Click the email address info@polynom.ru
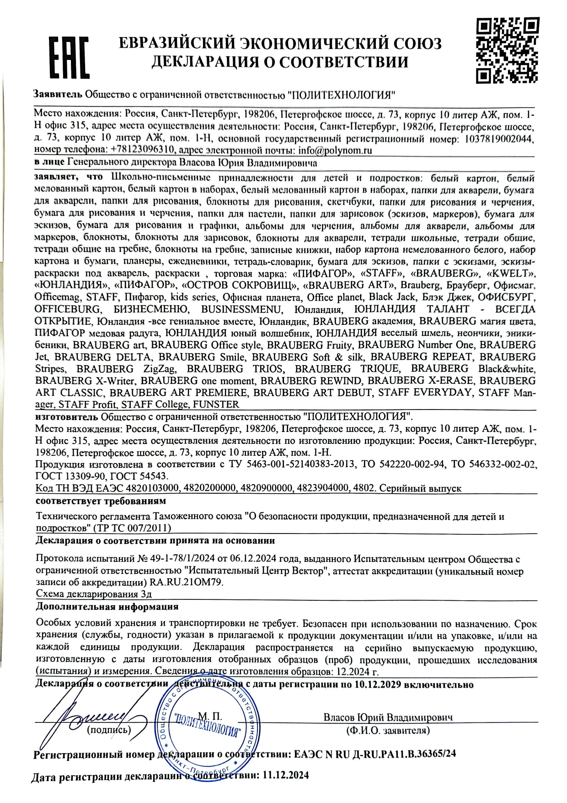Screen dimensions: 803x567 tap(335, 150)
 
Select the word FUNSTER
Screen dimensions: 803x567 tap(216, 404)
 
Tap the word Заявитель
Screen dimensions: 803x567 tap(58, 95)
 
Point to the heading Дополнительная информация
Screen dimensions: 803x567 tap(107, 607)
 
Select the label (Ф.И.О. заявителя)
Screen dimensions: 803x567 tap(388, 730)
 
